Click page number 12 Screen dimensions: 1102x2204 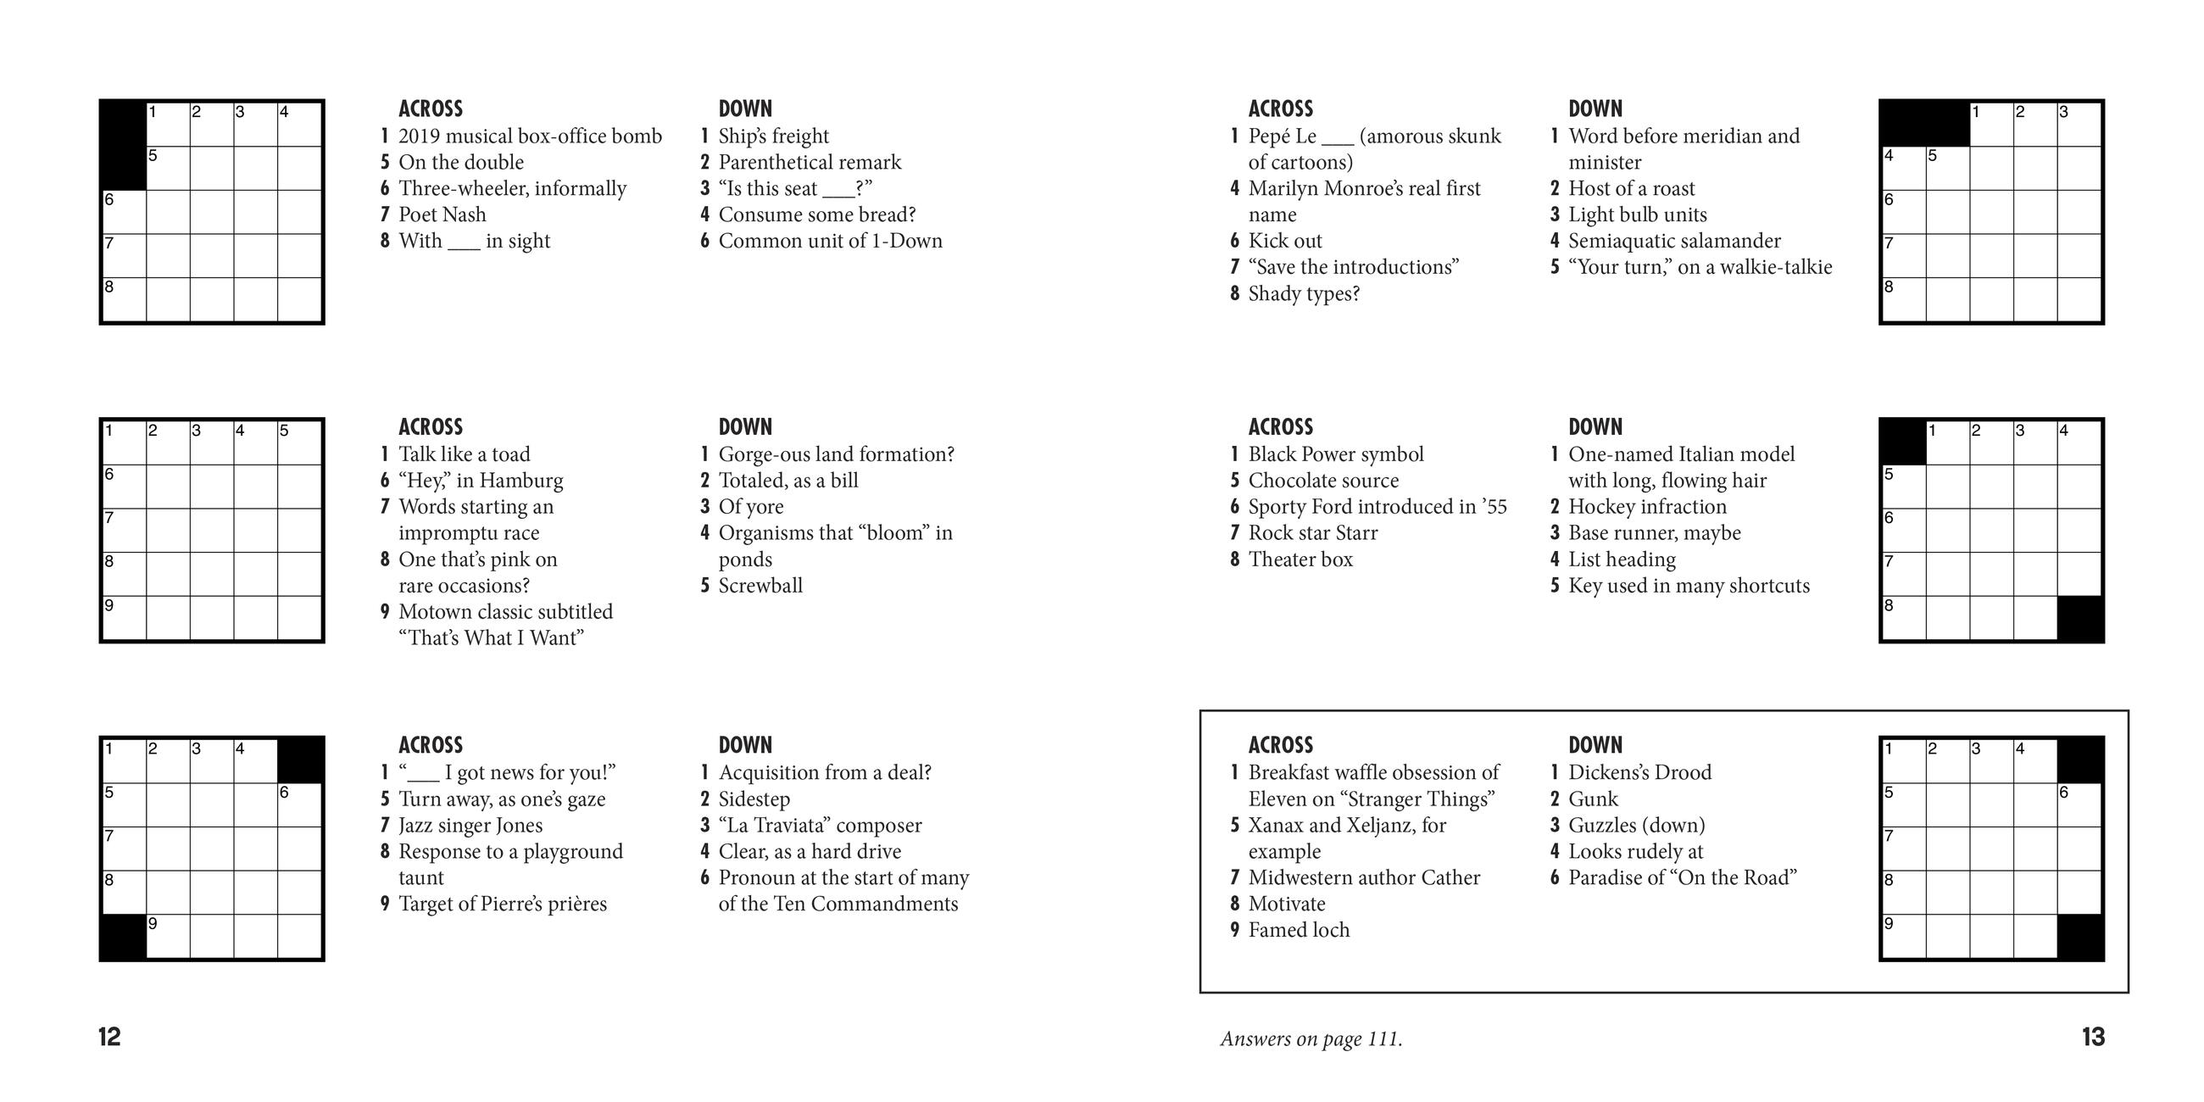click(x=109, y=1037)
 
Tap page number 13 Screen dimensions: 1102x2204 click(x=2093, y=1037)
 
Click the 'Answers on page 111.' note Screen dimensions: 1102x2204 click(x=1311, y=1039)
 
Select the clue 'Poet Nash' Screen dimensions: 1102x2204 click(x=442, y=214)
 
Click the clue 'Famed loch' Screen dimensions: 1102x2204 click(x=1298, y=930)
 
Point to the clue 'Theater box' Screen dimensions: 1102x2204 click(x=1300, y=559)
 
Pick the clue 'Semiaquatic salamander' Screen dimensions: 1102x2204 click(x=1673, y=242)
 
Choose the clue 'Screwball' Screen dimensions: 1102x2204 click(x=760, y=586)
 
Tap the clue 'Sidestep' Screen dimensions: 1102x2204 click(x=754, y=799)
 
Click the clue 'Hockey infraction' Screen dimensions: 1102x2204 click(x=1647, y=507)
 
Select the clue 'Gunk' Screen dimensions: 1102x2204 click(x=1592, y=799)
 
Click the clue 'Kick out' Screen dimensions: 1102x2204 click(x=1284, y=242)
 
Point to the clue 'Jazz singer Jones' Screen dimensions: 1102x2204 click(x=470, y=826)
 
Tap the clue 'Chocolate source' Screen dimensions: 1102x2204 click(x=1322, y=481)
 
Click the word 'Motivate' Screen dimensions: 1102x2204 click(x=1286, y=904)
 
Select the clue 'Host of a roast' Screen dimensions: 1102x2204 click(x=1631, y=188)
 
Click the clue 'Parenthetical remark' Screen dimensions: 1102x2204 click(x=810, y=163)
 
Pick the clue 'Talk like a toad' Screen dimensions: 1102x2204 click(x=464, y=454)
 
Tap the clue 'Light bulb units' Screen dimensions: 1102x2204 click(x=1637, y=214)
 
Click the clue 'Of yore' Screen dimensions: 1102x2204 click(x=750, y=507)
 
